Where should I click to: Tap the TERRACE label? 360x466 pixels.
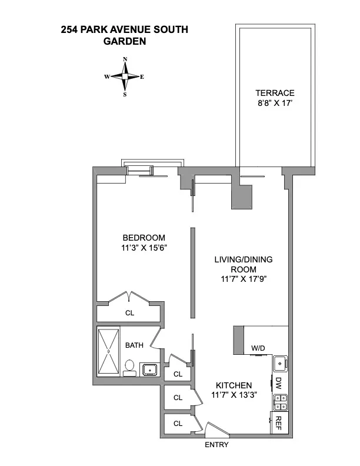pyautogui.click(x=275, y=93)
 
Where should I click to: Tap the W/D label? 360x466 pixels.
pyautogui.click(x=258, y=348)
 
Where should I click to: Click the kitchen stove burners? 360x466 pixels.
pyautogui.click(x=279, y=403)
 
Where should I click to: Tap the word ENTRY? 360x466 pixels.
pyautogui.click(x=216, y=445)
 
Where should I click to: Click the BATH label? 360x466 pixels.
pyautogui.click(x=134, y=345)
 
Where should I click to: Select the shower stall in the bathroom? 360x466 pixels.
pyautogui.click(x=108, y=351)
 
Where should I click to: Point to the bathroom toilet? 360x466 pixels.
pyautogui.click(x=129, y=370)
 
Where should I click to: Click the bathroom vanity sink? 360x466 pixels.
pyautogui.click(x=148, y=370)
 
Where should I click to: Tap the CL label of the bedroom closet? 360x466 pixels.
pyautogui.click(x=129, y=313)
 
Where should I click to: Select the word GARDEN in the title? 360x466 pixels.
pyautogui.click(x=125, y=41)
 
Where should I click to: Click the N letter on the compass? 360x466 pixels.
pyautogui.click(x=125, y=59)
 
